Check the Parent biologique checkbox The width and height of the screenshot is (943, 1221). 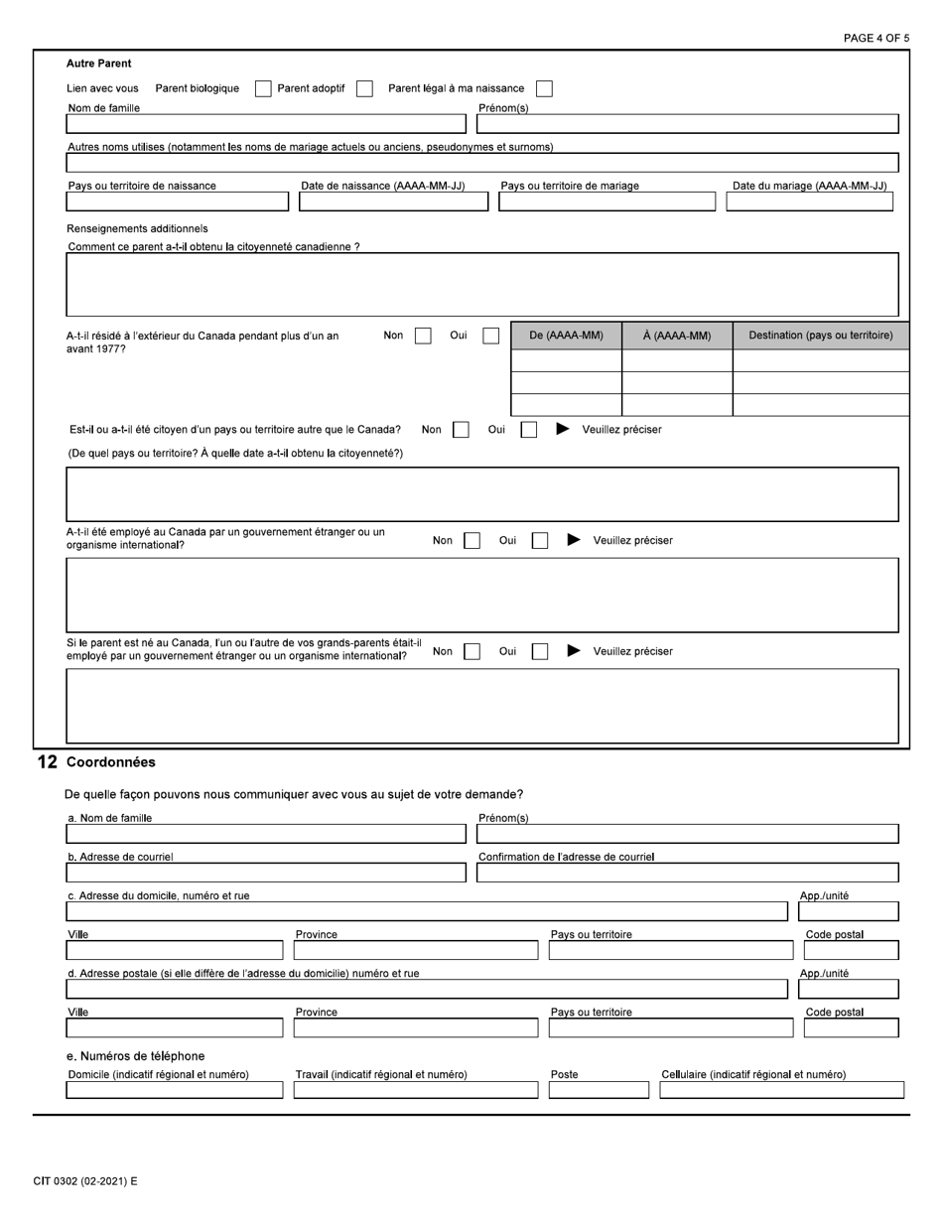[x=263, y=88]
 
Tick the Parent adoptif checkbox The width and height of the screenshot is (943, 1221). [x=364, y=88]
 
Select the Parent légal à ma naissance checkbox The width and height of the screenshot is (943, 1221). [x=544, y=88]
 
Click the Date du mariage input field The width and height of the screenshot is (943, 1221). [x=809, y=202]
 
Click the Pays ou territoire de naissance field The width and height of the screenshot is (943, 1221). [x=177, y=202]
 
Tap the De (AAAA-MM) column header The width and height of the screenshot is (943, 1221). [x=566, y=336]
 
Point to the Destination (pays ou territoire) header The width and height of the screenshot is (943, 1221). [x=820, y=336]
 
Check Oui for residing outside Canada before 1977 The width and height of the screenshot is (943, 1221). [x=490, y=336]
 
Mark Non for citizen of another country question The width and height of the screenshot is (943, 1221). [x=461, y=430]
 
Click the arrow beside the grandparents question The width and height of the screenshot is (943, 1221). [x=574, y=651]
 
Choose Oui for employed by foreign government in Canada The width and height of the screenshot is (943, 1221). [x=540, y=541]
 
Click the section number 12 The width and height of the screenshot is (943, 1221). [x=47, y=762]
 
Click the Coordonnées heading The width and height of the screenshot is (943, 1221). [x=110, y=762]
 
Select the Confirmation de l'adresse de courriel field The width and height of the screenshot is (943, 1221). [x=687, y=873]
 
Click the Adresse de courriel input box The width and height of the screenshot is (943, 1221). [x=265, y=873]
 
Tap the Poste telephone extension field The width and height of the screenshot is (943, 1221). [x=599, y=1090]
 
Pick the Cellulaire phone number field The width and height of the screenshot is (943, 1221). [x=781, y=1090]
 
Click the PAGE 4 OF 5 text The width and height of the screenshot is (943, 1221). [x=876, y=38]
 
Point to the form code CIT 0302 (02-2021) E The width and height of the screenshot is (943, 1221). [x=85, y=1181]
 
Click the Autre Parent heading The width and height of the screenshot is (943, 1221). [x=99, y=64]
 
